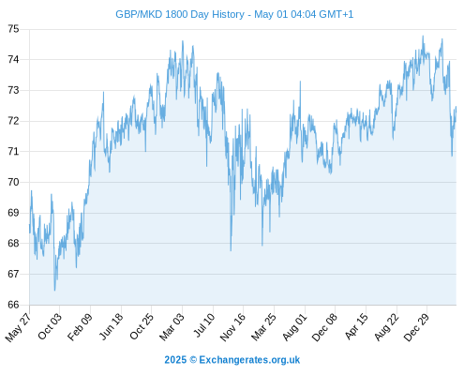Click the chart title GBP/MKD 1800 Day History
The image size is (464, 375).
(180, 14)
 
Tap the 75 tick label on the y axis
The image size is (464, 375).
(13, 29)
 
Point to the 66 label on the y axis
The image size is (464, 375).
(13, 305)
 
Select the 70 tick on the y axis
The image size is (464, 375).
(13, 182)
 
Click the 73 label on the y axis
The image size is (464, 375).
(13, 90)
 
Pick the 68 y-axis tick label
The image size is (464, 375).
(13, 244)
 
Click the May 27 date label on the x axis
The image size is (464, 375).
(19, 327)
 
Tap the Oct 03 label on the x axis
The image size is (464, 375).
(50, 326)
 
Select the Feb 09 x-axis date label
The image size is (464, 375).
(81, 326)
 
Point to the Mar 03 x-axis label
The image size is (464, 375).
(172, 326)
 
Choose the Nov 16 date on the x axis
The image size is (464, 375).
(232, 327)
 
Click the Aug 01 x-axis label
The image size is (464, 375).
(295, 326)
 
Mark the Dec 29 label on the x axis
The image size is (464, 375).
(417, 326)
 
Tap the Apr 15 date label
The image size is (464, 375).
(356, 326)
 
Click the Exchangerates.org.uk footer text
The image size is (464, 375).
(249, 360)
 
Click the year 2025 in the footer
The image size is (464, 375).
(175, 360)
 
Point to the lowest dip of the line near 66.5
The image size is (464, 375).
(54, 291)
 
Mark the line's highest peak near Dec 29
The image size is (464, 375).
(423, 37)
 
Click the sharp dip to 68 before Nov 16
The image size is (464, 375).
(231, 250)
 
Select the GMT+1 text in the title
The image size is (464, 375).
(336, 14)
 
